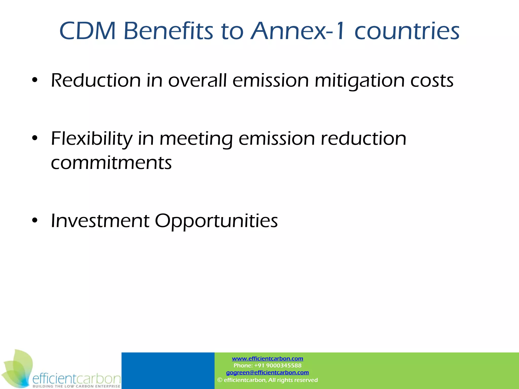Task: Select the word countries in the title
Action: click(407, 31)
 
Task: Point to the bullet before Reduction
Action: click(35, 81)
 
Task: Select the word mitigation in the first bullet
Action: click(359, 81)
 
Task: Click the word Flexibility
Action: click(91, 139)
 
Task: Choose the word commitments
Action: click(111, 163)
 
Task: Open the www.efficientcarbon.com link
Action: click(267, 359)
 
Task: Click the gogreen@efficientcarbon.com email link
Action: click(267, 373)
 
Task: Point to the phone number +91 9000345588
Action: click(277, 365)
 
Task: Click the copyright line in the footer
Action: click(267, 380)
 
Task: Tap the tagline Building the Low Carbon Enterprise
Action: click(76, 386)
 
